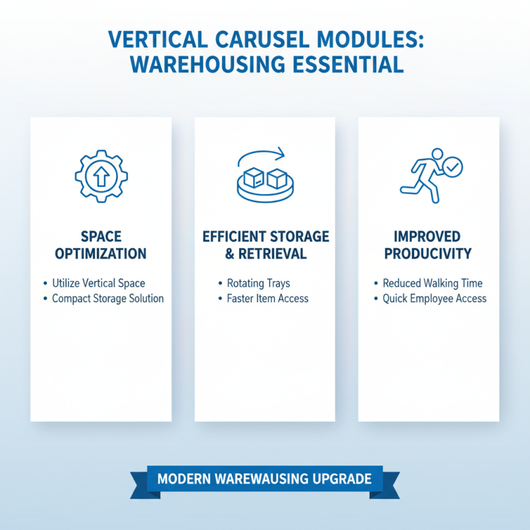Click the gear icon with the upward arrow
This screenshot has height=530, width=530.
coord(101,176)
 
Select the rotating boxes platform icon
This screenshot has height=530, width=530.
coord(265,183)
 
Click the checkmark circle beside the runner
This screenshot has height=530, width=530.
coord(453,168)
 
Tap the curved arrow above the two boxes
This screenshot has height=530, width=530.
coord(262,158)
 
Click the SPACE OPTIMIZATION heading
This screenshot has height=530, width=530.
coord(101,245)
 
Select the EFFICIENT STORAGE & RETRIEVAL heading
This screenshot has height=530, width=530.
coord(264,245)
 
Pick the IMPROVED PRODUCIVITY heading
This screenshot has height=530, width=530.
coord(429,245)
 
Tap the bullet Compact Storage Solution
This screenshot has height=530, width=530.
coord(107,299)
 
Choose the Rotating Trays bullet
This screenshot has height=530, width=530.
coord(258,283)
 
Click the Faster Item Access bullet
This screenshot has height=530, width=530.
coord(267,299)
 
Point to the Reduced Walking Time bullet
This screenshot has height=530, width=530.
coord(433,283)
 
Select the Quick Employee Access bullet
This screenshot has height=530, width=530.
coord(435,299)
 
